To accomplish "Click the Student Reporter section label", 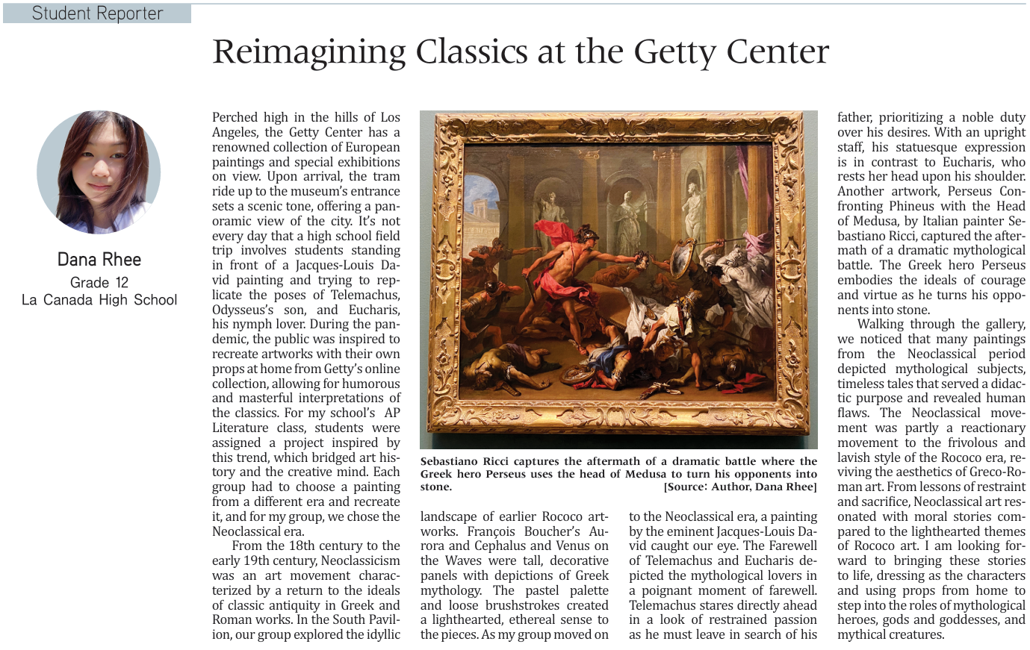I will (x=97, y=13).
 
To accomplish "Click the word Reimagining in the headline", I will (x=308, y=52).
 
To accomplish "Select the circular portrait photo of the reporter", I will (x=99, y=172).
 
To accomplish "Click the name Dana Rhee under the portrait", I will (x=99, y=260).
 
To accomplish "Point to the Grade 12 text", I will (x=99, y=282).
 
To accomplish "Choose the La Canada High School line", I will (x=99, y=300).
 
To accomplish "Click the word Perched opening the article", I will (x=235, y=117).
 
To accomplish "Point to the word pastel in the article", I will (x=542, y=590).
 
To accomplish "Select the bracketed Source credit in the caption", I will (x=739, y=487).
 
